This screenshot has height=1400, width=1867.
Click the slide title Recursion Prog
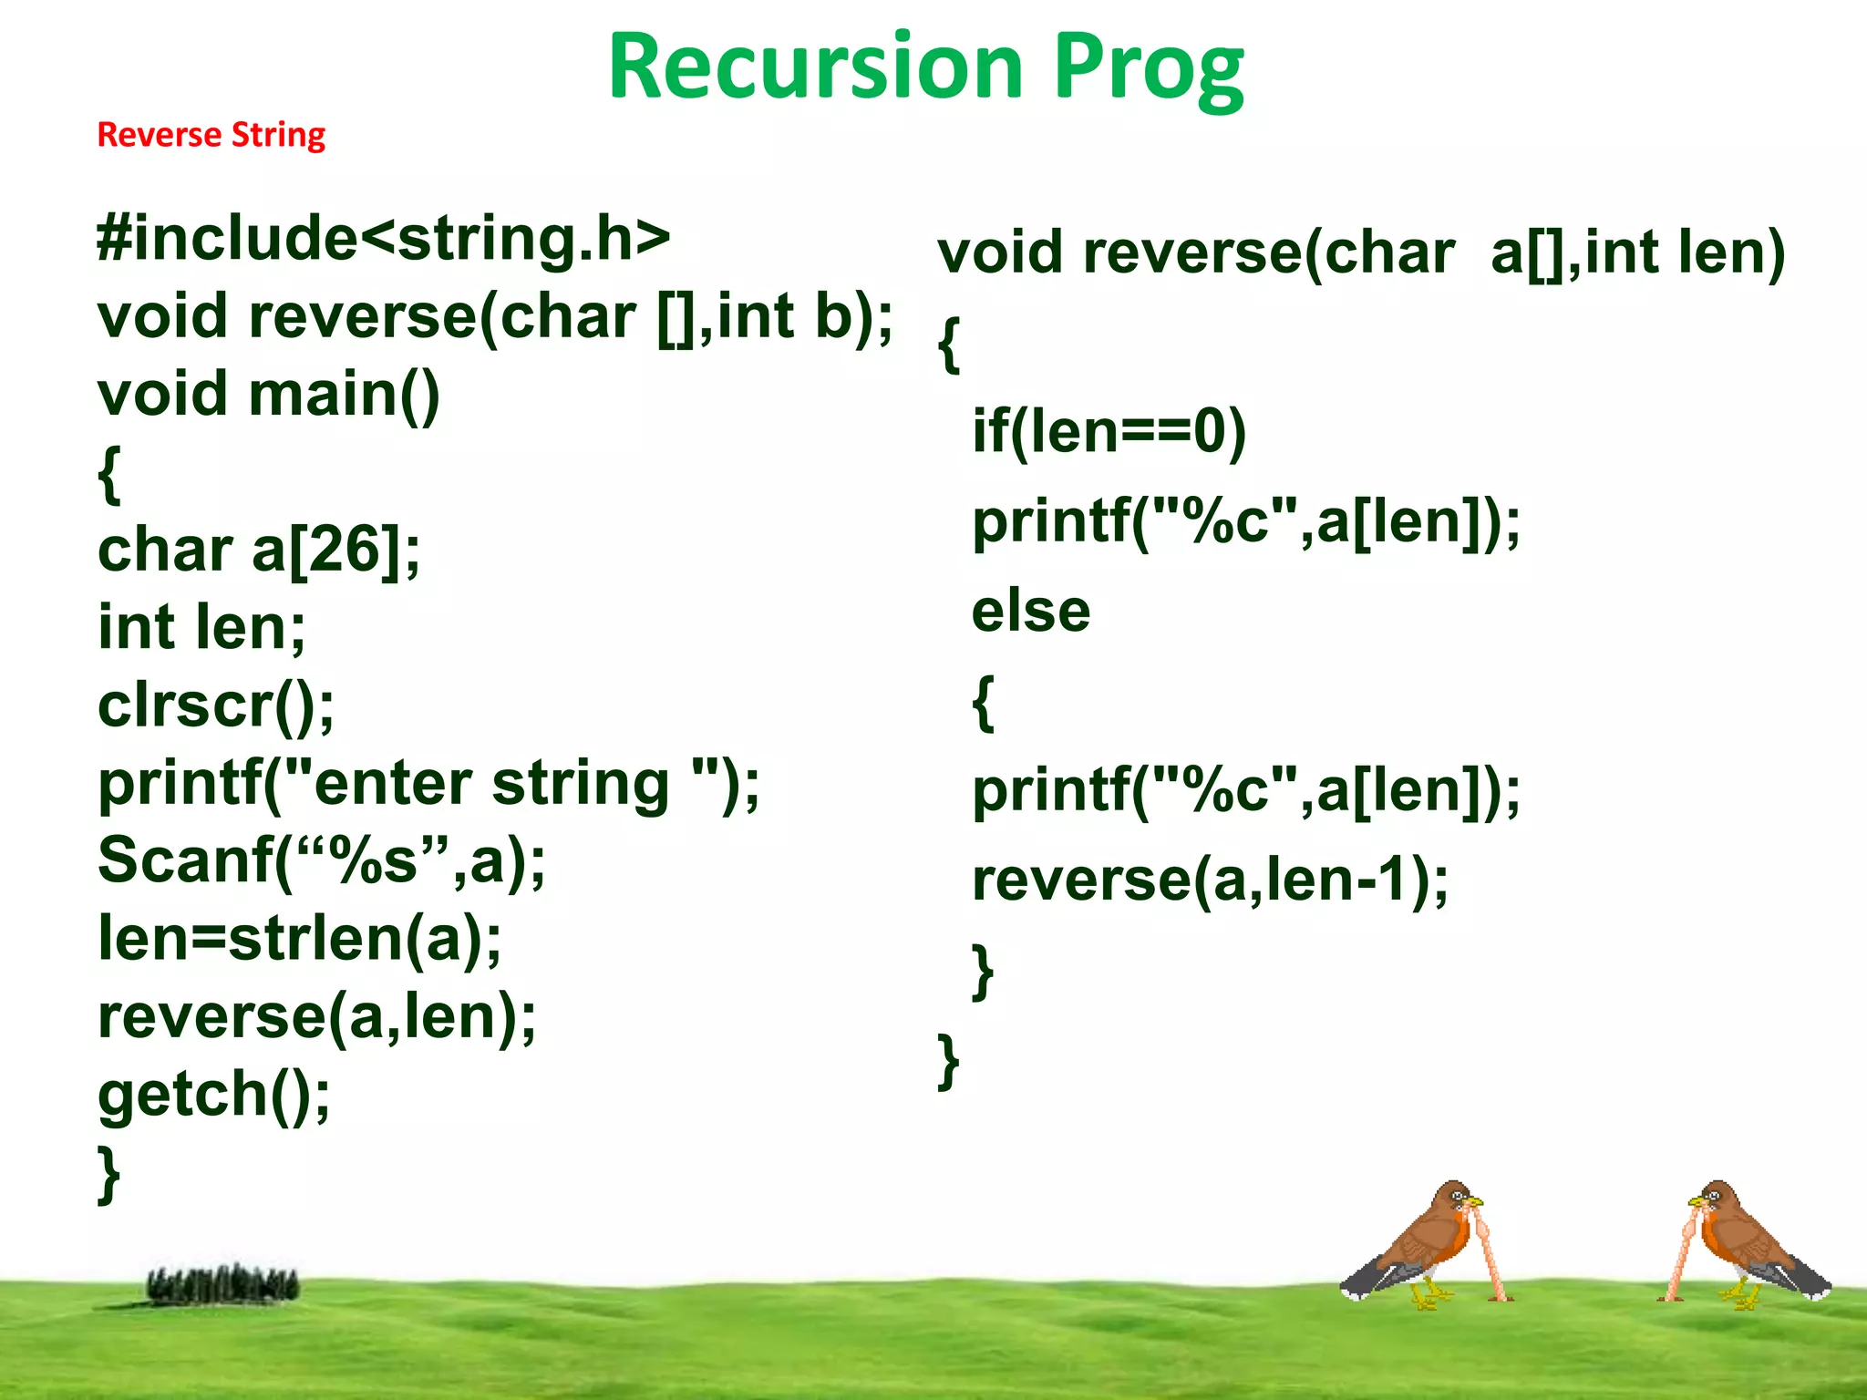(x=924, y=68)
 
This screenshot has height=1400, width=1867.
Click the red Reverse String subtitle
(x=211, y=135)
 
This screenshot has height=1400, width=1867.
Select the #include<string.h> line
(x=383, y=239)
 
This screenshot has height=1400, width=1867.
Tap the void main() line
(x=269, y=395)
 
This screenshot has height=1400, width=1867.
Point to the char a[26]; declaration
(x=259, y=551)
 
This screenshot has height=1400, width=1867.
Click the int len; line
(x=201, y=628)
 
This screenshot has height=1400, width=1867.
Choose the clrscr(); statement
(x=216, y=706)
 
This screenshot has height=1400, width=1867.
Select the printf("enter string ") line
(x=428, y=784)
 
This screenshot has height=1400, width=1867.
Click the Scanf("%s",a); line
(x=321, y=861)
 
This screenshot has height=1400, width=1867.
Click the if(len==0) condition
(x=1109, y=431)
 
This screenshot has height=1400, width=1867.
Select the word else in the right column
(x=1030, y=611)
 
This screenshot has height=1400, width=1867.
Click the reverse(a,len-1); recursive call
(x=1210, y=880)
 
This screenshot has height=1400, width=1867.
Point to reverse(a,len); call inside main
(x=316, y=1017)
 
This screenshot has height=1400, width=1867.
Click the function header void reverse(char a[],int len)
(x=1360, y=252)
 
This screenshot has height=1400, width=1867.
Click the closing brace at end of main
(x=108, y=1176)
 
